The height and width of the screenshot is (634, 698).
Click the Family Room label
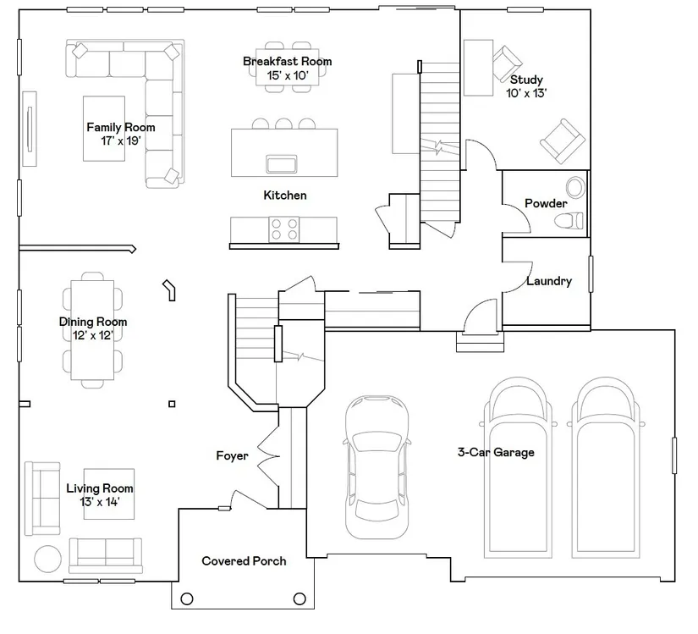[x=121, y=127]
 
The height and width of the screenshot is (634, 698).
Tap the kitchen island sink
[x=282, y=163]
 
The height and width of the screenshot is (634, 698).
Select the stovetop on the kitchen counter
[x=284, y=229]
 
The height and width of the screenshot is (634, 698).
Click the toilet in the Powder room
[x=569, y=220]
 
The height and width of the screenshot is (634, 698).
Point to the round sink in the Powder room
[x=575, y=187]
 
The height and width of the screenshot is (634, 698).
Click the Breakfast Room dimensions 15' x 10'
[x=287, y=75]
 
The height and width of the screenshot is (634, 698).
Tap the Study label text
[x=526, y=80]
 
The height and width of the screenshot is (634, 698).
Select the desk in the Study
[x=478, y=68]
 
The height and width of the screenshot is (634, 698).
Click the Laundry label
[x=549, y=281]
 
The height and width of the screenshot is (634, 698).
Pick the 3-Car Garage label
[x=496, y=452]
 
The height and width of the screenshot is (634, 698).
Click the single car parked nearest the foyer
[x=377, y=466]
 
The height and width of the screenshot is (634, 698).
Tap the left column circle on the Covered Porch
[x=187, y=598]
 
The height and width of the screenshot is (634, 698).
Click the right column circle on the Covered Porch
[x=300, y=598]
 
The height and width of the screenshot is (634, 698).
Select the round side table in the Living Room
[x=48, y=559]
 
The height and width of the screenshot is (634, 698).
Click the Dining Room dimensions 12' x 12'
[x=93, y=335]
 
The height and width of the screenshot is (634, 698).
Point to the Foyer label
[x=232, y=456]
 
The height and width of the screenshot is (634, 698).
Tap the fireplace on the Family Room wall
[x=30, y=129]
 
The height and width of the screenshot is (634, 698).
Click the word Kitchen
[x=285, y=195]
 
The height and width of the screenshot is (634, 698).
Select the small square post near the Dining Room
[x=172, y=404]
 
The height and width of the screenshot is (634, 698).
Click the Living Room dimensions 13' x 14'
[x=100, y=502]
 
